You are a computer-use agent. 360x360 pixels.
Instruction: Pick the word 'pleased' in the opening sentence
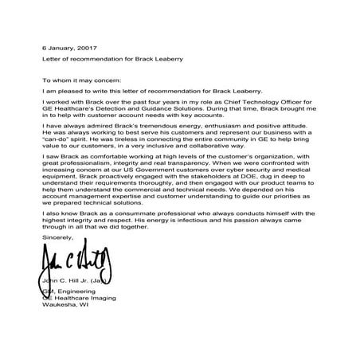67,92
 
